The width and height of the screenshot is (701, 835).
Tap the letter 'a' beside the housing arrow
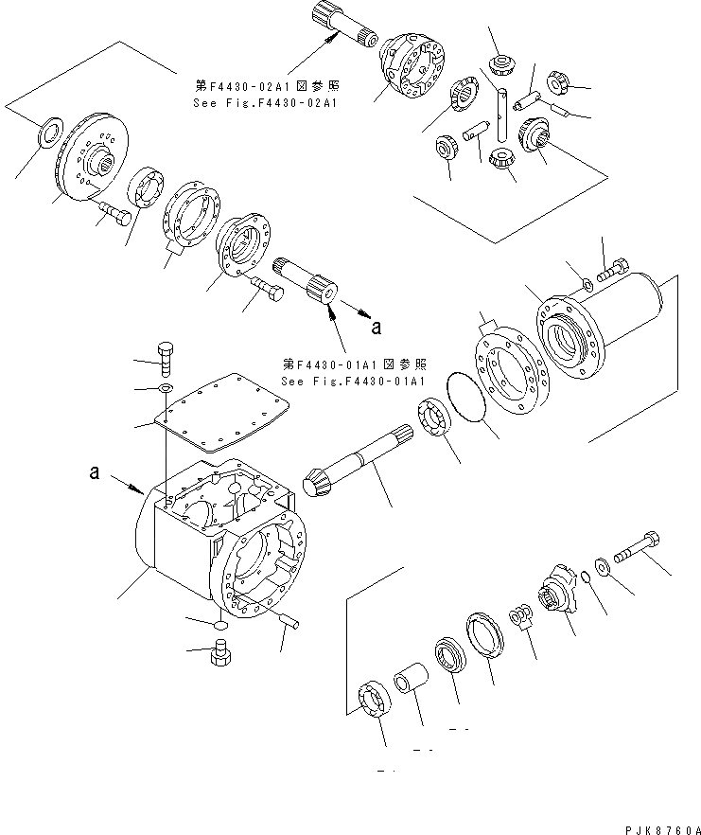[x=95, y=471]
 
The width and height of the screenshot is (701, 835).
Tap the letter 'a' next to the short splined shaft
[x=377, y=329]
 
